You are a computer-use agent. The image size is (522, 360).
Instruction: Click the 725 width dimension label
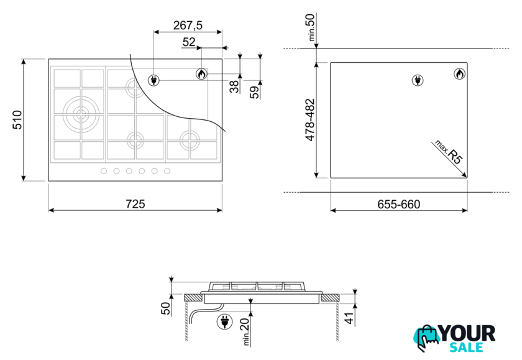point(135,203)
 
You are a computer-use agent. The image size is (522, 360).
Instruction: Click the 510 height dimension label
point(17,119)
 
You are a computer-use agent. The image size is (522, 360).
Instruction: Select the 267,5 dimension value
point(188,25)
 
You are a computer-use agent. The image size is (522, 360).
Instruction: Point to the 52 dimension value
point(189,42)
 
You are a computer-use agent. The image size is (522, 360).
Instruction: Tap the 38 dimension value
point(235,86)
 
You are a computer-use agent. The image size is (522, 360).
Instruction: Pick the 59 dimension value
point(255,92)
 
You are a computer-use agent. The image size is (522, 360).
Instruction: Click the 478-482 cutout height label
point(310,120)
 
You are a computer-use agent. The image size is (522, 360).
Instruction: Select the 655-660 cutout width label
point(398,204)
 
